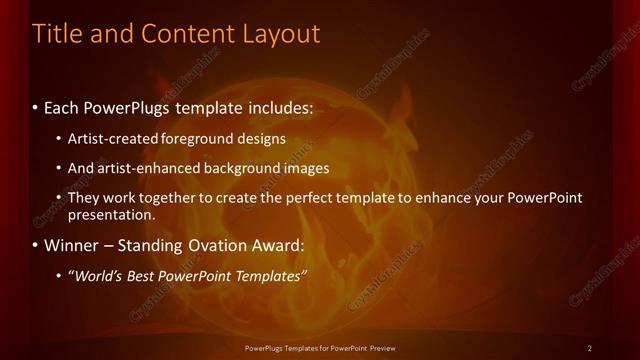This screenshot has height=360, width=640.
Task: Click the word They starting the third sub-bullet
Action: point(84,198)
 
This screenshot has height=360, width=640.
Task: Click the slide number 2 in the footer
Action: point(590,347)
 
